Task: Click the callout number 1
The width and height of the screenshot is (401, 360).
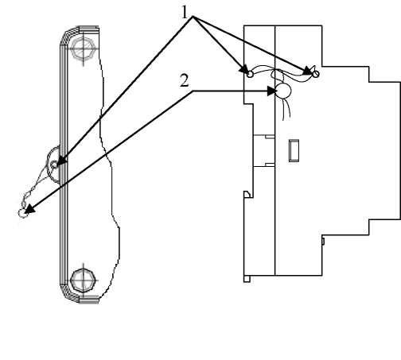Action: [x=185, y=13]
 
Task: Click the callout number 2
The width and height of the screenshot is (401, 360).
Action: [x=185, y=80]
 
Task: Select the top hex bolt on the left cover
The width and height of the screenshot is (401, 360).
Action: [x=84, y=48]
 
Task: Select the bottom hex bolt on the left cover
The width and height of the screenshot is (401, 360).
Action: [x=83, y=281]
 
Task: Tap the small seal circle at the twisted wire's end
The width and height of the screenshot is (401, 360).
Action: [x=22, y=213]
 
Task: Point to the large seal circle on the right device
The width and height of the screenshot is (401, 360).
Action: [x=283, y=91]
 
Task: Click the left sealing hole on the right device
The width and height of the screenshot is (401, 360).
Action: [x=250, y=75]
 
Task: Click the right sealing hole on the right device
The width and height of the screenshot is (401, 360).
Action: [x=316, y=75]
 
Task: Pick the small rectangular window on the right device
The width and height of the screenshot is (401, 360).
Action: [x=294, y=150]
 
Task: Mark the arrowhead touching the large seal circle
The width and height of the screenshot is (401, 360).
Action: [x=272, y=91]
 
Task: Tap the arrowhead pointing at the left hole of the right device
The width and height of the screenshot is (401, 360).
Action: [x=244, y=69]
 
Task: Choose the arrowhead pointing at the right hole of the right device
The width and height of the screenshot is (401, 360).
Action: [x=308, y=71]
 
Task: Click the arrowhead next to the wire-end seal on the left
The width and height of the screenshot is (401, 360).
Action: [x=29, y=209]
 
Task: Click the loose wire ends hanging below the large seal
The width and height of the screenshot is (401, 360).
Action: [x=286, y=109]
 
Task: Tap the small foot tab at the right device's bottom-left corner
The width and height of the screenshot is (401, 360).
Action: [x=247, y=279]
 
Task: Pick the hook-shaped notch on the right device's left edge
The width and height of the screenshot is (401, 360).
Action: [x=247, y=194]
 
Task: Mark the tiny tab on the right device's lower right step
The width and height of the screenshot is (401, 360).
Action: [x=323, y=241]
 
